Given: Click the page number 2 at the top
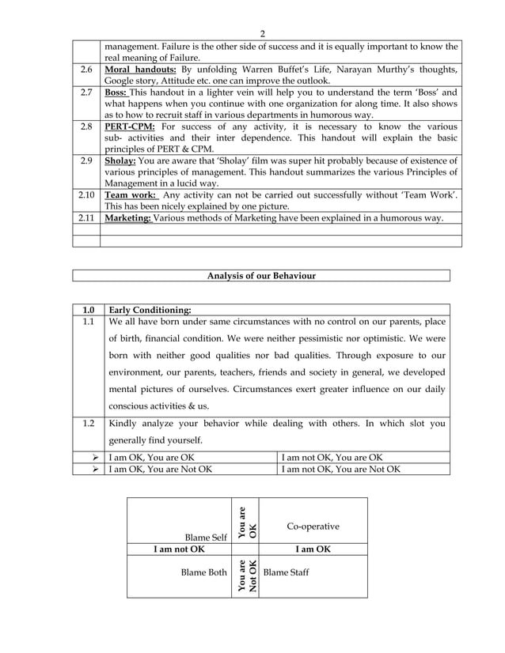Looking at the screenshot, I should pyautogui.click(x=262, y=33).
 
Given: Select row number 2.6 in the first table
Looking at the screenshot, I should pyautogui.click(x=86, y=70).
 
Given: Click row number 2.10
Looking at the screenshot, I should pyautogui.click(x=86, y=194).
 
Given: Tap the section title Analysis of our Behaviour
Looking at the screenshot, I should pyautogui.click(x=261, y=275).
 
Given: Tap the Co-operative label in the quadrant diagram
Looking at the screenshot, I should pyautogui.click(x=313, y=526).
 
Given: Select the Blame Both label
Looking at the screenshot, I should pyautogui.click(x=204, y=571).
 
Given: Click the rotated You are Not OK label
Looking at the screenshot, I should pyautogui.click(x=245, y=576).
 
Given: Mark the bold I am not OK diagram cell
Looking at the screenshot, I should pyautogui.click(x=180, y=549).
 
